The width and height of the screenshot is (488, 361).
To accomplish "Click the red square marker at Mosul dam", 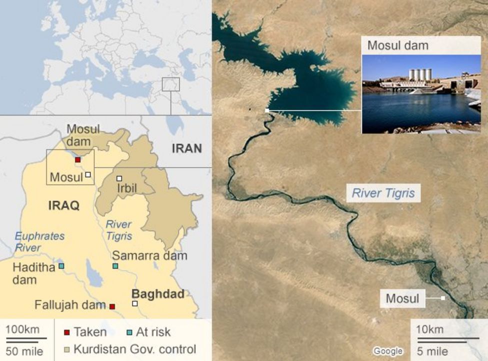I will tap(77, 160).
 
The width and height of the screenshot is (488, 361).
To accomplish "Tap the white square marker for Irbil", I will tap(119, 178).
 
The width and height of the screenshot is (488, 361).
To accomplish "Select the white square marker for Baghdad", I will tap(134, 303).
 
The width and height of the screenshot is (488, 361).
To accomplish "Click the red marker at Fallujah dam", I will tap(112, 306).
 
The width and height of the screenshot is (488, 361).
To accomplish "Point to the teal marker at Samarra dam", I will tap(115, 266).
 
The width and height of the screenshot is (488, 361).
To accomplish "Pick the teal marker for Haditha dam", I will tap(61, 266).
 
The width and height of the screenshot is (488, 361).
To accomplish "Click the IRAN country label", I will tap(186, 148).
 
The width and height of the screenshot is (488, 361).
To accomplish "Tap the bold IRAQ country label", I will tap(63, 205).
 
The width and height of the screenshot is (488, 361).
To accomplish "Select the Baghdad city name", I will tap(157, 294).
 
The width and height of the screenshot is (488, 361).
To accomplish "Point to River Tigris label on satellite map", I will tap(383, 192).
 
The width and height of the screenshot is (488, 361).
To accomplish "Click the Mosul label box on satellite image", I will tap(402, 299).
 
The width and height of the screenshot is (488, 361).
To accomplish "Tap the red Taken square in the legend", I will tap(66, 332).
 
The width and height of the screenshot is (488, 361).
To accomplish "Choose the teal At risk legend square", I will tap(129, 332).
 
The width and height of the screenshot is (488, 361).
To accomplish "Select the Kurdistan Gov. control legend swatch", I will tap(66, 349).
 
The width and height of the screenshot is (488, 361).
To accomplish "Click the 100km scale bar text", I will tap(22, 330).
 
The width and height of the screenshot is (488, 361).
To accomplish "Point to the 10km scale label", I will tap(429, 329).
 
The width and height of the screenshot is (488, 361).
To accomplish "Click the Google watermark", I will tap(388, 351).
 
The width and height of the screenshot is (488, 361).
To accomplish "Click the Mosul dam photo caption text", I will tap(398, 45).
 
